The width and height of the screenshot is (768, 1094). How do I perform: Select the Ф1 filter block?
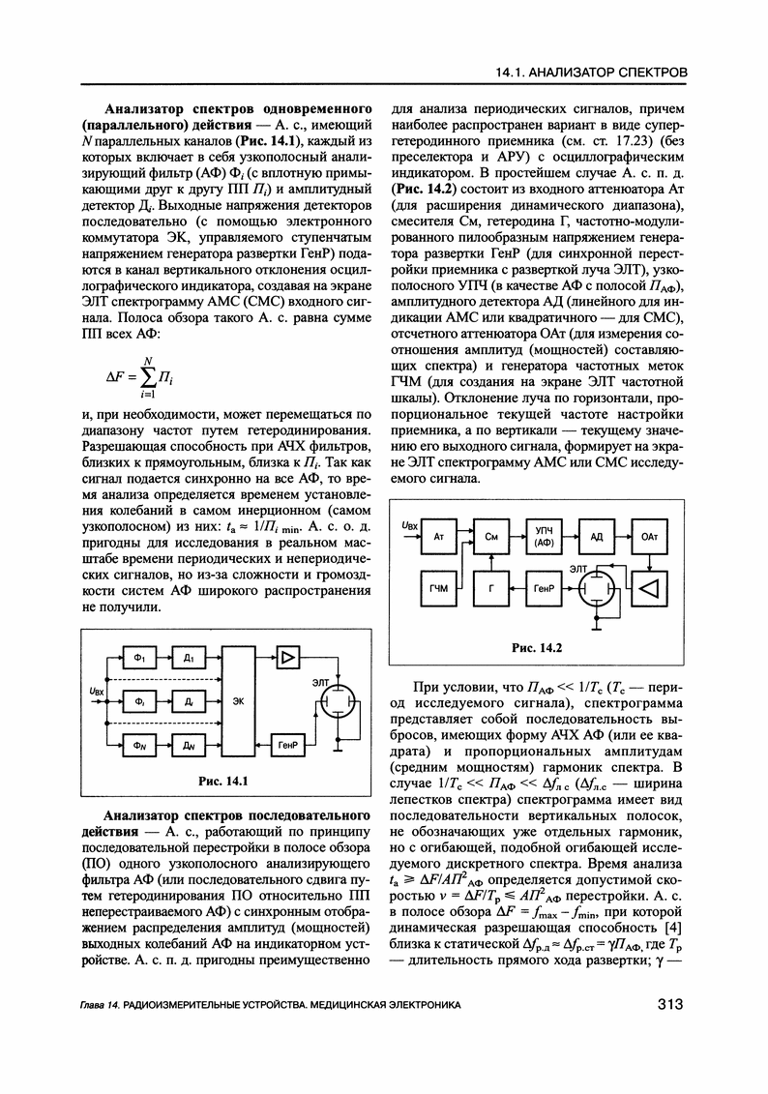pyautogui.click(x=138, y=658)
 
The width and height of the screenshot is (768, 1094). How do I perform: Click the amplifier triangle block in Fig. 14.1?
pyautogui.click(x=287, y=657)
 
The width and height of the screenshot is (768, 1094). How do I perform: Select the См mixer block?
pyautogui.click(x=490, y=535)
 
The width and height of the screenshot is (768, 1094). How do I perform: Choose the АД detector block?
pyautogui.click(x=596, y=535)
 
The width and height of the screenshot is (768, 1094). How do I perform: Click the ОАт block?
pyautogui.click(x=649, y=535)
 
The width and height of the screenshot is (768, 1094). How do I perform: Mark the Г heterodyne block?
pyautogui.click(x=490, y=588)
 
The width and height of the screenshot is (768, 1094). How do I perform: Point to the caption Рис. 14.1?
pyautogui.click(x=223, y=781)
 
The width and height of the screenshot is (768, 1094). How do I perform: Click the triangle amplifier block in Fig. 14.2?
pyautogui.click(x=649, y=587)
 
